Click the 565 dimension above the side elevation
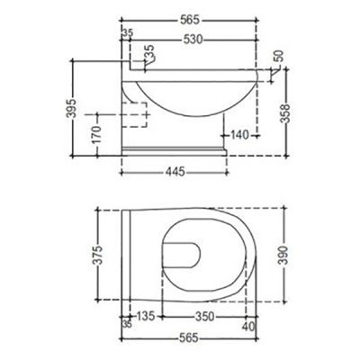pos(189,18)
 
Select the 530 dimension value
pos(189,40)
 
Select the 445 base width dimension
pos(176,171)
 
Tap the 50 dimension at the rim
pos(278,55)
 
